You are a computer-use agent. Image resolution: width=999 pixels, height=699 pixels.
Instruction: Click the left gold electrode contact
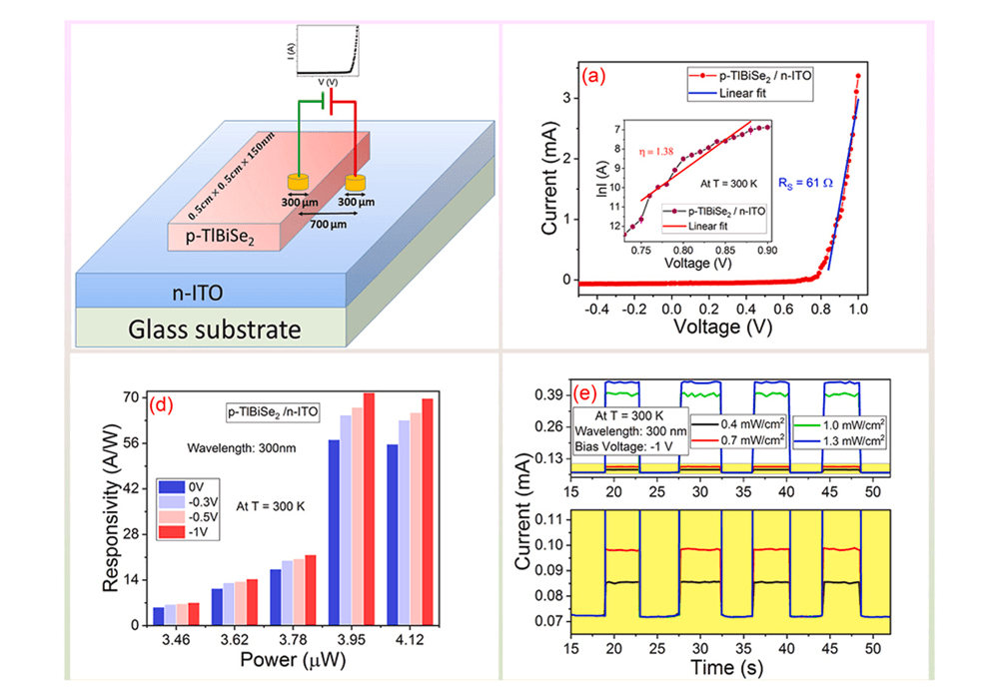coord(296,182)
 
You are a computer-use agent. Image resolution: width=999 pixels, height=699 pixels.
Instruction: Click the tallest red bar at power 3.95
coord(369,509)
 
